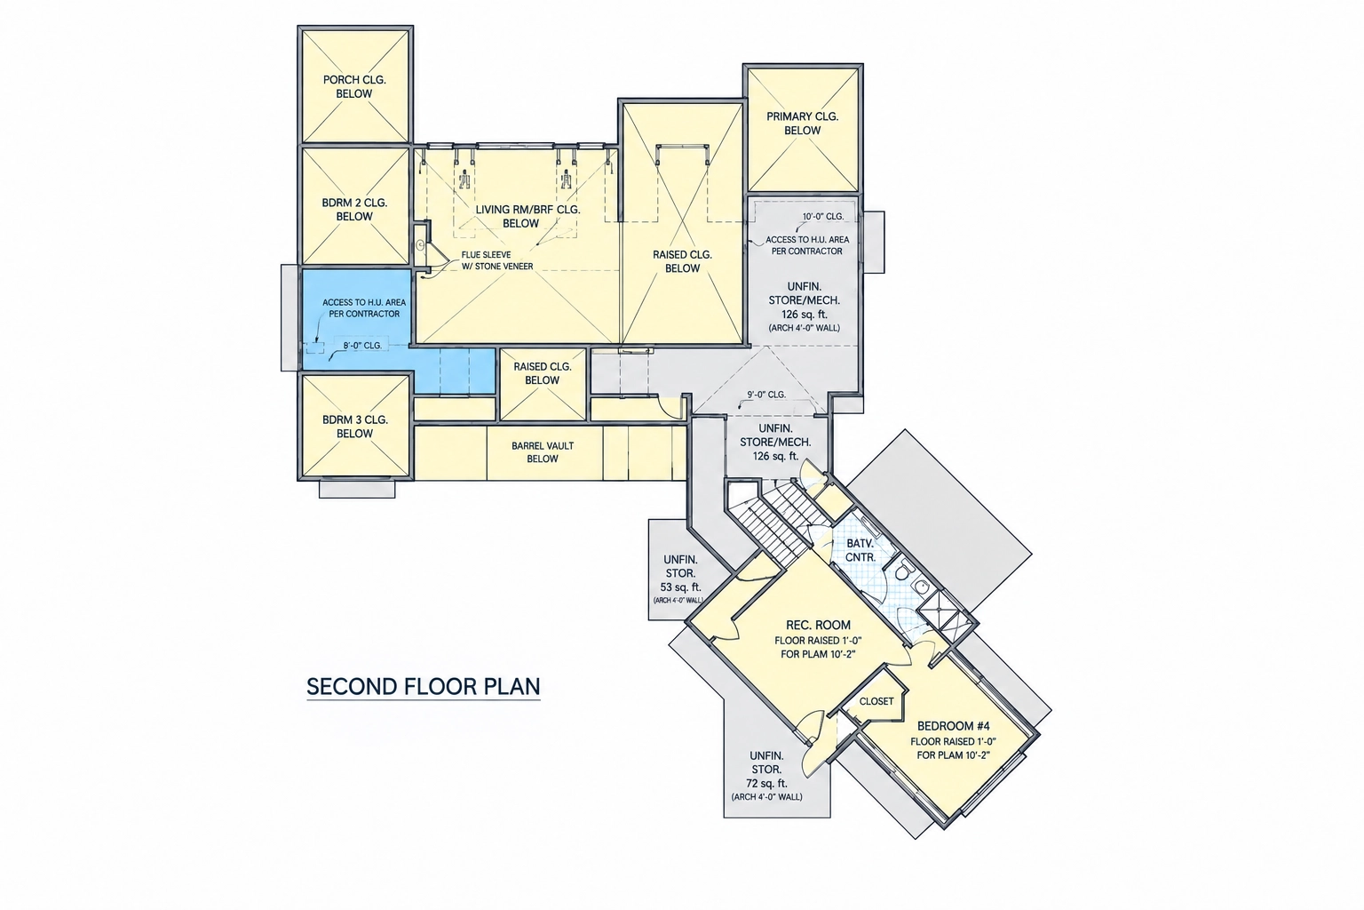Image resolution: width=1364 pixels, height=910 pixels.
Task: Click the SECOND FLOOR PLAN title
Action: tap(424, 686)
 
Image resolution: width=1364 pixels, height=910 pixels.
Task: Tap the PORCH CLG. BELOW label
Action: tap(354, 86)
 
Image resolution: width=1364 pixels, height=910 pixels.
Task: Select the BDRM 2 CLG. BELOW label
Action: tap(354, 209)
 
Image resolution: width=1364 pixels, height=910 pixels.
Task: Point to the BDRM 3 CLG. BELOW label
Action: tap(355, 427)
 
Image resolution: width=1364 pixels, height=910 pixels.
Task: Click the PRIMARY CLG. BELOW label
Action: tap(803, 124)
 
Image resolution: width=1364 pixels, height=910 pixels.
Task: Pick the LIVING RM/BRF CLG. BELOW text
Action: tap(528, 216)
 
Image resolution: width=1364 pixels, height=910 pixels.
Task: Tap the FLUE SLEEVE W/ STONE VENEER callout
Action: tap(497, 260)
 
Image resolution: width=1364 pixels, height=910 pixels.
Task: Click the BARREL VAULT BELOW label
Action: tap(543, 452)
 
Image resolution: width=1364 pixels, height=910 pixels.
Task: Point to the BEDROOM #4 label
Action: tap(954, 726)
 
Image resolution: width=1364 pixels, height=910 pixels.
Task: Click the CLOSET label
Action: tap(876, 701)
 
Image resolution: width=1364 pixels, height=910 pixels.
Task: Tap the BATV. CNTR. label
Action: tap(860, 550)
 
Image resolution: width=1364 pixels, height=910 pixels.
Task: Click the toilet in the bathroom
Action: tap(903, 571)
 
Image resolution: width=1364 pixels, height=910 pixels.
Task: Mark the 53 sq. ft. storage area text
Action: tap(681, 587)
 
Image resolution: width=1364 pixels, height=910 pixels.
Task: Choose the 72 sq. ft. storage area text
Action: tap(766, 784)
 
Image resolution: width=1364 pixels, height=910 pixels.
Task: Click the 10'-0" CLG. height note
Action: tap(823, 216)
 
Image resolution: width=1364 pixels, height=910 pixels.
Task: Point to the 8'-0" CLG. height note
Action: tap(362, 346)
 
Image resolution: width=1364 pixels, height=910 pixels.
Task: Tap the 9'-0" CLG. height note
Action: tap(766, 395)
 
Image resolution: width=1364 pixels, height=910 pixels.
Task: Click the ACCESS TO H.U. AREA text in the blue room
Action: tap(364, 302)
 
